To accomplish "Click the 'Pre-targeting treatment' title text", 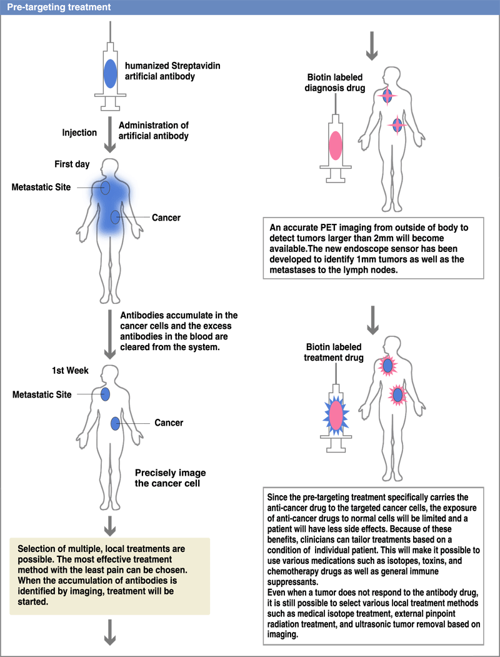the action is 59,7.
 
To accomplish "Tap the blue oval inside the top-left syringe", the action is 110,73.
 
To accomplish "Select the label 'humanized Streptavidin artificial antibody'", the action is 172,71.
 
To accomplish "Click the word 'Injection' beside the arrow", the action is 79,133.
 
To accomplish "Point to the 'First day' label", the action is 72,164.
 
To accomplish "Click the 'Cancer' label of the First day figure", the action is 166,218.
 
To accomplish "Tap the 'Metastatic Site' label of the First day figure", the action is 41,187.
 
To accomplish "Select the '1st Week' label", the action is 71,371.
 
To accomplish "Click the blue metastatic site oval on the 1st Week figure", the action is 105,394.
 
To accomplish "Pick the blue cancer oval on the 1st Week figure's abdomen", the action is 115,424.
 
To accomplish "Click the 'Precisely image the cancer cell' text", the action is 171,478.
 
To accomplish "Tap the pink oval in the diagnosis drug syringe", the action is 336,146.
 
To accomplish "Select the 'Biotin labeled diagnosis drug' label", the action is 334,83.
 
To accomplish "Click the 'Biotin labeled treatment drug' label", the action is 334,352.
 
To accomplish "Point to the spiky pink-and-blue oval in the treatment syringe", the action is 336,416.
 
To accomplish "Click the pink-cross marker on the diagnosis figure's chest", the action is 387,96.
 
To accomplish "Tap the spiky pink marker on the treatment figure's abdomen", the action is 397,395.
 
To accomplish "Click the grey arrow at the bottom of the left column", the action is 110,632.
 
